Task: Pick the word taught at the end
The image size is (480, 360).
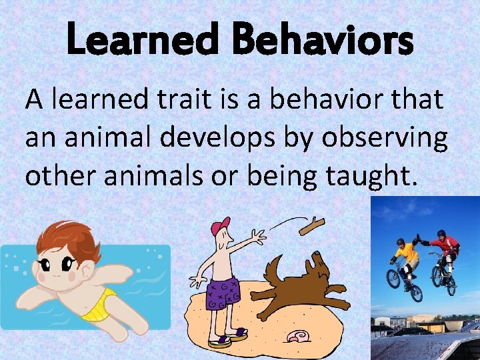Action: tap(373, 176)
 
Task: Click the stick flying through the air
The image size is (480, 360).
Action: tap(311, 227)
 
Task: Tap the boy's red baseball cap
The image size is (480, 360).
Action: tap(219, 226)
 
